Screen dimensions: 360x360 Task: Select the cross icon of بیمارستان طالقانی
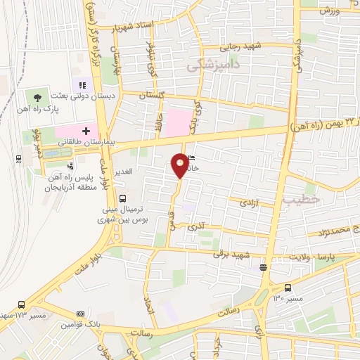point(86,131)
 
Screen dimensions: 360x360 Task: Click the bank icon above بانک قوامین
point(79,312)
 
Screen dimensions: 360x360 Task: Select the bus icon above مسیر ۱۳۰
point(288,288)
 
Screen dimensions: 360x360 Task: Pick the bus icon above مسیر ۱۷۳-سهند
point(22,304)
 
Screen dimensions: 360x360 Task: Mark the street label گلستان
point(151,94)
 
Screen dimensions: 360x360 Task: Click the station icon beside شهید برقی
point(262,266)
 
